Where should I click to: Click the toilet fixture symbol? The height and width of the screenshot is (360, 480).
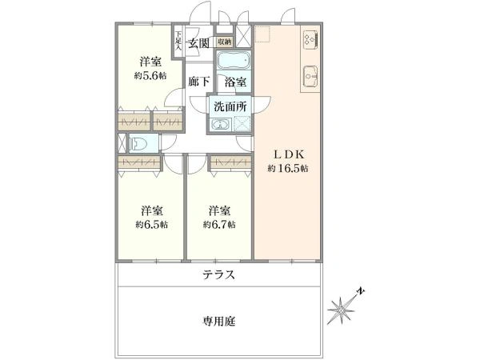coord(138,143)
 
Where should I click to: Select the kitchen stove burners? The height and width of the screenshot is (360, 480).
coord(310,39)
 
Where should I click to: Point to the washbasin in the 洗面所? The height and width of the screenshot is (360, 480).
coord(221,125)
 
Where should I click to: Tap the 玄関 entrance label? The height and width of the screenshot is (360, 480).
coord(198,43)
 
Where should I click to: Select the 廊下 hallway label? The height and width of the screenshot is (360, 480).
coord(199,82)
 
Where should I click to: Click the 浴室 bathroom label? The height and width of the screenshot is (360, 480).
coord(235,82)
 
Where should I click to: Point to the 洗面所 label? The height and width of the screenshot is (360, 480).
coord(230,106)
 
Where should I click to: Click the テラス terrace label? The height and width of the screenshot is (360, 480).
coord(219,274)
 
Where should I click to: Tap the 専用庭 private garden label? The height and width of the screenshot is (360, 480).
coord(219,321)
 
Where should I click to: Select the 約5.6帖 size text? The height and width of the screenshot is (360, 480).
coord(150,76)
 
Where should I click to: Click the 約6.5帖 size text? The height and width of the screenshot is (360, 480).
coord(152,225)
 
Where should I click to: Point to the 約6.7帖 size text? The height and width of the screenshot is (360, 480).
coord(219,225)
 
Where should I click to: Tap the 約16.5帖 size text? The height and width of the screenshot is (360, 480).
coord(288,168)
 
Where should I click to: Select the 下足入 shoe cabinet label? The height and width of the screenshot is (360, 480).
coord(178,40)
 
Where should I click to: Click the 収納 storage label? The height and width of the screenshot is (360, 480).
coord(225,42)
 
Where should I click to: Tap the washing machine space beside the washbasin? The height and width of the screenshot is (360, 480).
coord(242,124)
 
